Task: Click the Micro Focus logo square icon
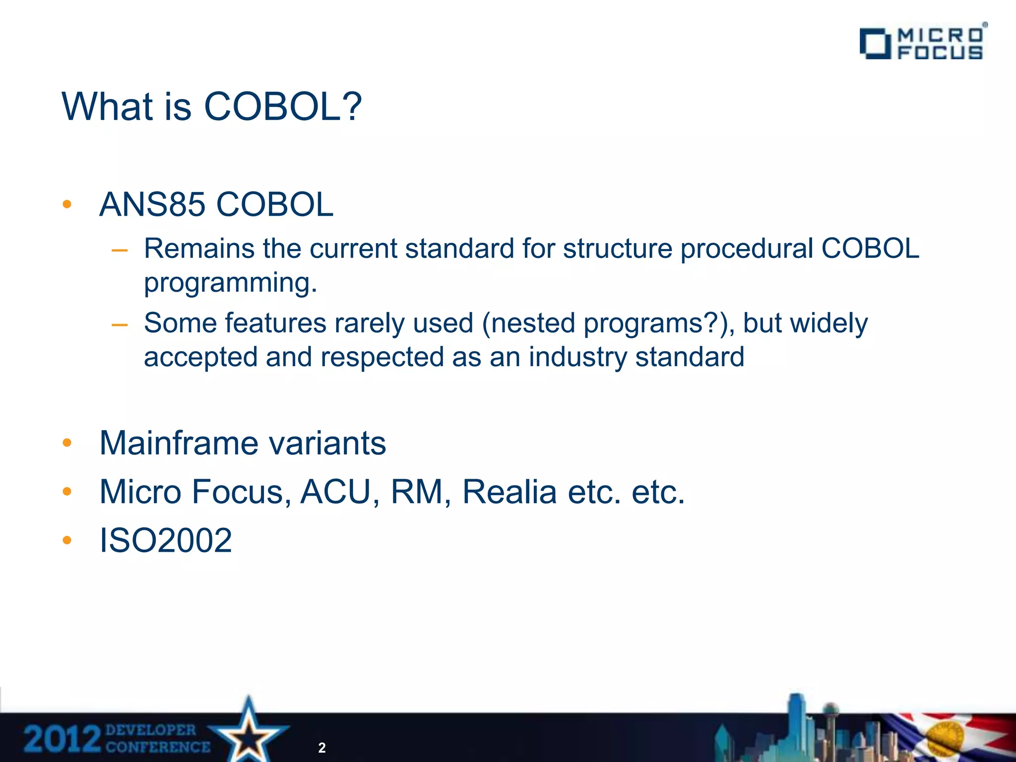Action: [874, 44]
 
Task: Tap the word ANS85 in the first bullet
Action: [152, 204]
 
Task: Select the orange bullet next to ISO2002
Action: [67, 540]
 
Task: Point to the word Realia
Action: [509, 492]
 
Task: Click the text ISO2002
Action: [166, 540]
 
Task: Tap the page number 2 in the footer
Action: [322, 748]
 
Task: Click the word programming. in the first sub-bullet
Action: [230, 283]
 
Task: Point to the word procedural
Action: [747, 249]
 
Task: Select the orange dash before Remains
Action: [120, 251]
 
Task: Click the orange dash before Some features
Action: [120, 325]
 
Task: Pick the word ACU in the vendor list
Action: [336, 492]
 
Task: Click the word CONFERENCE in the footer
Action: [158, 747]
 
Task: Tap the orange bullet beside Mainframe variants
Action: [67, 443]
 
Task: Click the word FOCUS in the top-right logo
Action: [940, 53]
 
